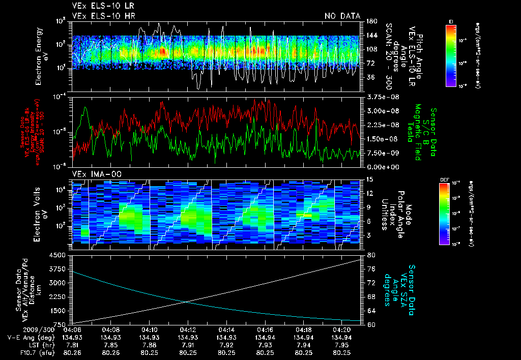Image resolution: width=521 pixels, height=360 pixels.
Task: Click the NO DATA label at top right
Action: point(342,16)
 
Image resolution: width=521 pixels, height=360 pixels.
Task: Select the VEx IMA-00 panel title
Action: point(93,174)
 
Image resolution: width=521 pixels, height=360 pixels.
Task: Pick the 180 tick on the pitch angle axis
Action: point(371,21)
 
